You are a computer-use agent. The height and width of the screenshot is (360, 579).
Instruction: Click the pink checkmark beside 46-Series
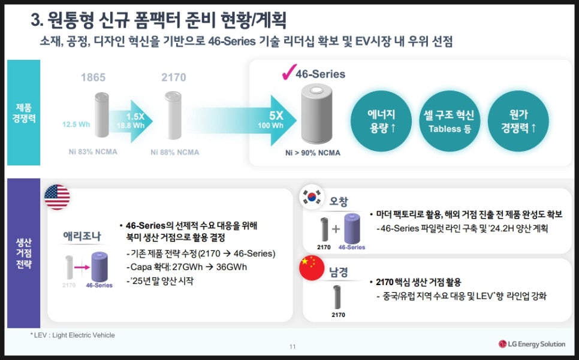pyautogui.click(x=289, y=72)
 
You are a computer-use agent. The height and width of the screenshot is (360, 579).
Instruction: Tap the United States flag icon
pyautogui.click(x=57, y=197)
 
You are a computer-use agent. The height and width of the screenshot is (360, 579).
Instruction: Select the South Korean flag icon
pyautogui.click(x=312, y=197)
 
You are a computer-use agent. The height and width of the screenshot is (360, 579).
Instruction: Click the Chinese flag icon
pyautogui.click(x=312, y=267)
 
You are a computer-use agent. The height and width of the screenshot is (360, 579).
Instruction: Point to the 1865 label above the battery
pyautogui.click(x=93, y=77)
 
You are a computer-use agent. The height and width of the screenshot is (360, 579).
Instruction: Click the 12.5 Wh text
pyautogui.click(x=76, y=125)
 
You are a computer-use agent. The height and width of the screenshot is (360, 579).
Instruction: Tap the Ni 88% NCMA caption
pyautogui.click(x=174, y=152)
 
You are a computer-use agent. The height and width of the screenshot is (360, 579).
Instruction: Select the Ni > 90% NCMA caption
pyautogui.click(x=313, y=153)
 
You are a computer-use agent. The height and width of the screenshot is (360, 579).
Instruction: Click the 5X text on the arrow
pyautogui.click(x=276, y=116)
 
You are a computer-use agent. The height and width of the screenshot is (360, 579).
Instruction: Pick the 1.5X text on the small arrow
pyautogui.click(x=135, y=117)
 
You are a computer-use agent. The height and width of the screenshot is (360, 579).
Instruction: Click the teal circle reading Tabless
pyautogui.click(x=450, y=121)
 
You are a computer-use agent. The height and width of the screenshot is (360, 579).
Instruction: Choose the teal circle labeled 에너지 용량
pyautogui.click(x=381, y=121)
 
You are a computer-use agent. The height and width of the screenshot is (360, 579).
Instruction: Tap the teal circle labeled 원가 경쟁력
pyautogui.click(x=518, y=121)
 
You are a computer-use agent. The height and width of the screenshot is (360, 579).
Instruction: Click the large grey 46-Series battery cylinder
pyautogui.click(x=316, y=114)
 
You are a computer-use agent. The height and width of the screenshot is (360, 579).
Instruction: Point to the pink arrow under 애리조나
pyautogui.click(x=82, y=267)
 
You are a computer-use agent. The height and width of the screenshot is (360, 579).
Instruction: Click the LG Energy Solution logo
pyautogui.click(x=532, y=344)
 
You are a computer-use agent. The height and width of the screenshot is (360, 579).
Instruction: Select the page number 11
pyautogui.click(x=292, y=346)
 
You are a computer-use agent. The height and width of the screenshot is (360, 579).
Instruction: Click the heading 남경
pyautogui.click(x=339, y=272)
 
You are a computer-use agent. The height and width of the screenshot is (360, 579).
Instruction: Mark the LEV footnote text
pyautogui.click(x=73, y=335)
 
